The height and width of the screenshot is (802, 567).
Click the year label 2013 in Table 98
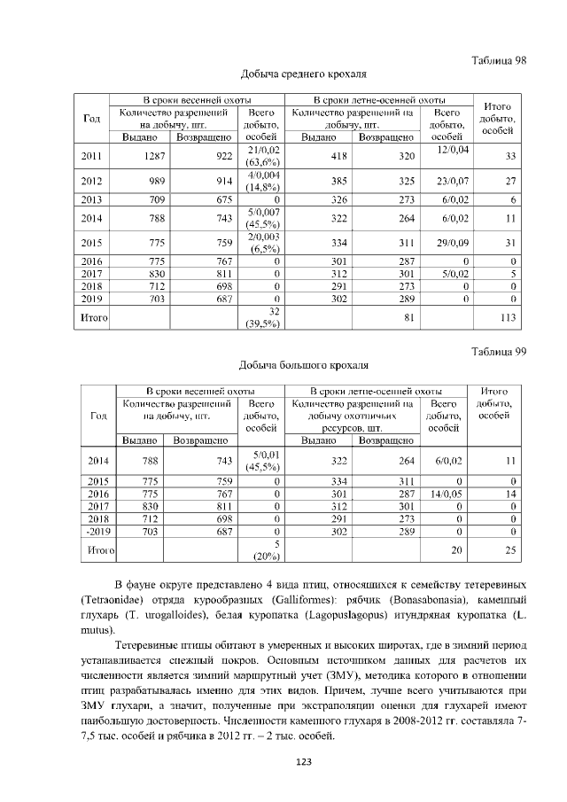click(91, 200)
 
